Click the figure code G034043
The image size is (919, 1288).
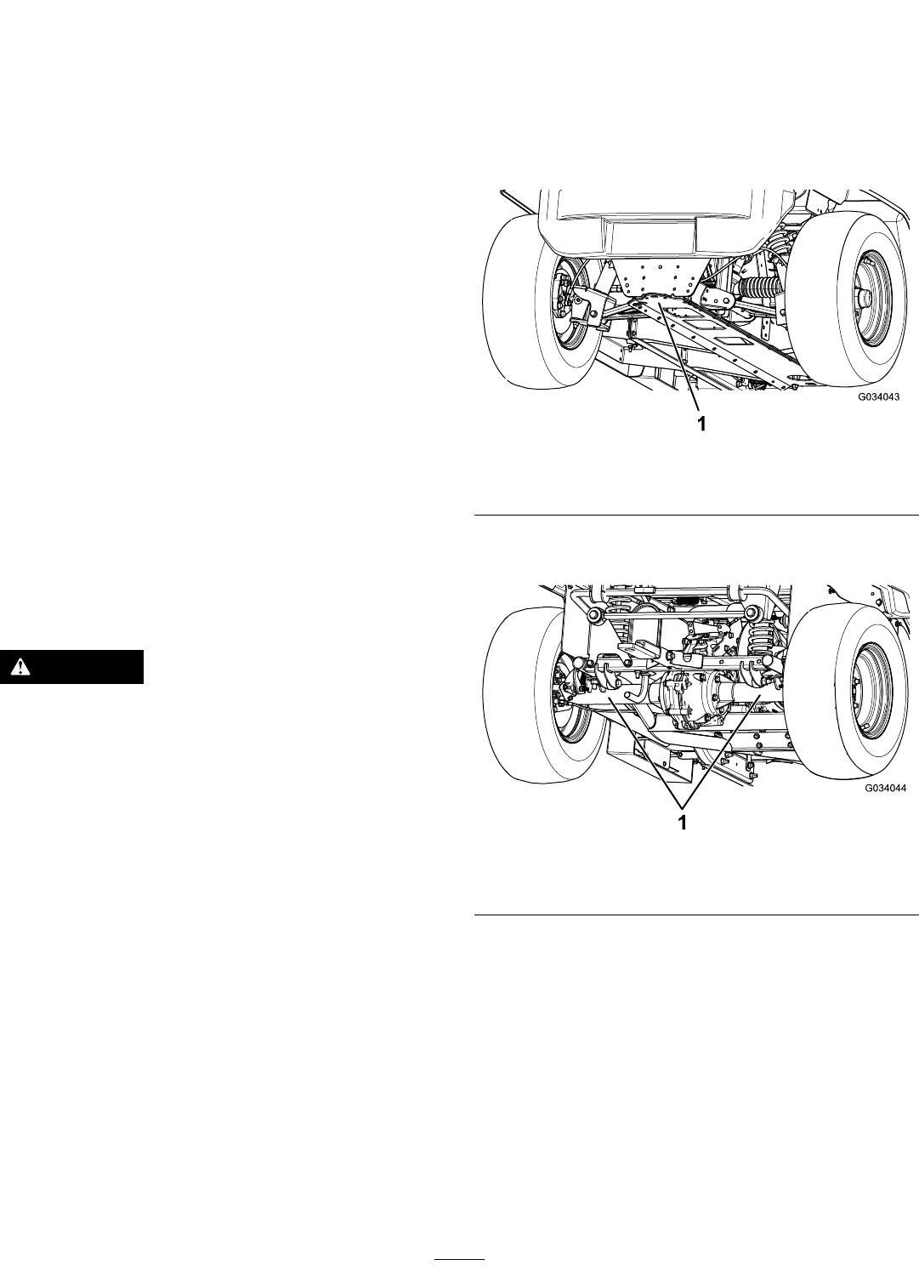coord(879,396)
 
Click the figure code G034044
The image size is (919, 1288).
coord(886,789)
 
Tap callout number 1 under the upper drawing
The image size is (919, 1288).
coord(701,425)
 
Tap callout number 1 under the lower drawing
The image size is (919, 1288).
coord(683,823)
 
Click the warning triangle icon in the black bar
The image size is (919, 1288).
coord(20,667)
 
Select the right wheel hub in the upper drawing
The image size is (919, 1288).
coord(866,302)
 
